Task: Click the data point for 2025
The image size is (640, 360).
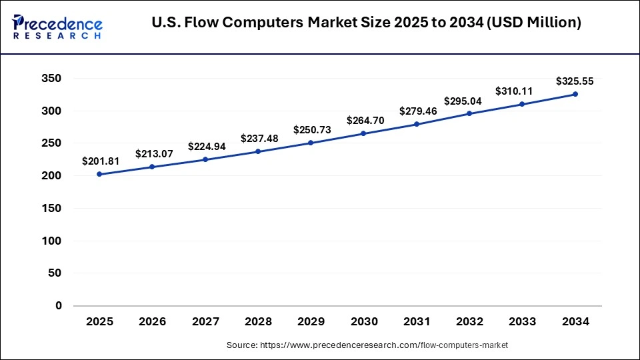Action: [99, 174]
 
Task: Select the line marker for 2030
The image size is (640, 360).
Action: [364, 133]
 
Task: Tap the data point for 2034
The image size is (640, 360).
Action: [575, 94]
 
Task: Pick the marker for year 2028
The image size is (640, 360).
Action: [258, 151]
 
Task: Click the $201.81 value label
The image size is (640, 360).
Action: [99, 161]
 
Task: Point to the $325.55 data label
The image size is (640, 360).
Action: [575, 81]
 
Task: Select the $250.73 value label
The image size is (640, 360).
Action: [311, 129]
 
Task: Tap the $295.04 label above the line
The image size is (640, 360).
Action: [469, 101]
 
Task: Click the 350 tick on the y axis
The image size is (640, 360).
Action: [51, 79]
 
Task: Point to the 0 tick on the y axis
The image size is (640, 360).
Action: [59, 306]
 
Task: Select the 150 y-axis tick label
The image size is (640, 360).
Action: [51, 209]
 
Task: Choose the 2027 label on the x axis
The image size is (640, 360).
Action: [205, 321]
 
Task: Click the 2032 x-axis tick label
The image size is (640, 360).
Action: [469, 321]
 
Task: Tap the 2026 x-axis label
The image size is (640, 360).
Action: [153, 321]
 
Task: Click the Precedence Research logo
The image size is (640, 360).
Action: [57, 27]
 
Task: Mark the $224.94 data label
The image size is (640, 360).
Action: [205, 146]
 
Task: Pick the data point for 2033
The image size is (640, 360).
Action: [523, 104]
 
